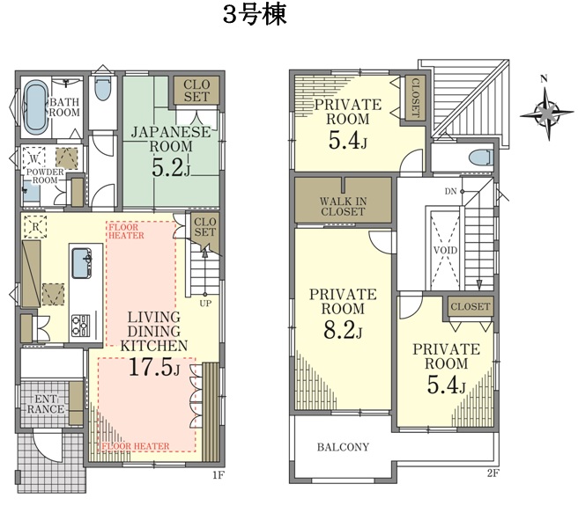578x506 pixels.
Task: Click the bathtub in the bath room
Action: pyautogui.click(x=36, y=106)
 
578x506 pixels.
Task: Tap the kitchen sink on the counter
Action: pyautogui.click(x=81, y=263)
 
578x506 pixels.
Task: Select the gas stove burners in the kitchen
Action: pyautogui.click(x=81, y=326)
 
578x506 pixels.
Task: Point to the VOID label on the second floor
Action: pyautogui.click(x=445, y=251)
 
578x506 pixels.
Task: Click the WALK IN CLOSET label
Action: pyautogui.click(x=343, y=206)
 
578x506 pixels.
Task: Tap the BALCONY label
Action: pyautogui.click(x=343, y=447)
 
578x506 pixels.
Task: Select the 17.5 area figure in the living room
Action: pyautogui.click(x=154, y=367)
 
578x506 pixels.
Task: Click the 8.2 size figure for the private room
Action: pyautogui.click(x=343, y=330)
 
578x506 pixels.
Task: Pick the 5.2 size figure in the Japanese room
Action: pyautogui.click(x=171, y=168)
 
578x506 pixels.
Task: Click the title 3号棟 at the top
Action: pyautogui.click(x=255, y=16)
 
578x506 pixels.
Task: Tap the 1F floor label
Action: pyautogui.click(x=219, y=475)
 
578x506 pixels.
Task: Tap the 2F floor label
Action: pyautogui.click(x=493, y=473)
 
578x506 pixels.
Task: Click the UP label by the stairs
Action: pyautogui.click(x=205, y=304)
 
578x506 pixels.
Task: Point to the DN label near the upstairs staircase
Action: pyautogui.click(x=450, y=191)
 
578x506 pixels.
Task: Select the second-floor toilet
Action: pyautogui.click(x=481, y=158)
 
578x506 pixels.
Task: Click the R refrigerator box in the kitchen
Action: pyautogui.click(x=35, y=227)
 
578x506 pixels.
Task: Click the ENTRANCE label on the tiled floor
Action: pyautogui.click(x=46, y=404)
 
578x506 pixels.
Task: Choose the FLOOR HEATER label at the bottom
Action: pyautogui.click(x=136, y=446)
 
